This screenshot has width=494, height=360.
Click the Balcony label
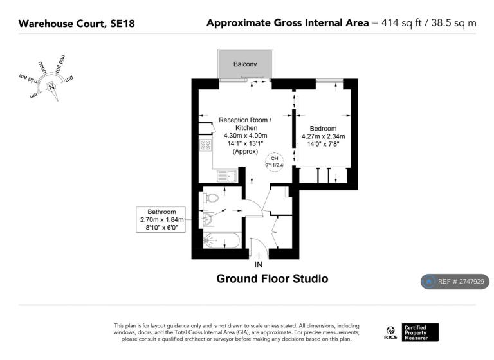pyautogui.click(x=245, y=64)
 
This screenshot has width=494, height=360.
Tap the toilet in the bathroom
pyautogui.click(x=210, y=198)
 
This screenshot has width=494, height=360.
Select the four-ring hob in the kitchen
pyautogui.click(x=206, y=145)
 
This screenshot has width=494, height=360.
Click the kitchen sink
pyautogui.click(x=227, y=175)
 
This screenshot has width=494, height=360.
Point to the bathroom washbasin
pyautogui.click(x=208, y=219)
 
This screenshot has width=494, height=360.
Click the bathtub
pyautogui.click(x=222, y=241)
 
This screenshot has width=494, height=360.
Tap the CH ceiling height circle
pyautogui.click(x=275, y=162)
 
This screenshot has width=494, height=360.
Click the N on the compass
pyautogui.click(x=51, y=87)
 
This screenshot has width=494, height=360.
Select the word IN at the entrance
pyautogui.click(x=259, y=265)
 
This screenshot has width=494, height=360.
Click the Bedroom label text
pyautogui.click(x=323, y=128)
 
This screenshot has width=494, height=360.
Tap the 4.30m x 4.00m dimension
pyautogui.click(x=246, y=136)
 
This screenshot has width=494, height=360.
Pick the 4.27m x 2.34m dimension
pyautogui.click(x=323, y=136)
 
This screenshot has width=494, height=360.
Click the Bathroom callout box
pyautogui.click(x=161, y=219)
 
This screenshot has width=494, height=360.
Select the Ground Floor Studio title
pyautogui.click(x=272, y=279)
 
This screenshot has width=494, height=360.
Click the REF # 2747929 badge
pyautogui.click(x=455, y=282)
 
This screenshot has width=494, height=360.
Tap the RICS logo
pyautogui.click(x=390, y=333)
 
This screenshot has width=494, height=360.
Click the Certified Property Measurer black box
pyautogui.click(x=420, y=332)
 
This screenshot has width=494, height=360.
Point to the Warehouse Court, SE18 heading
pyautogui.click(x=77, y=24)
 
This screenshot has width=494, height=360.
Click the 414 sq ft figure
pyautogui.click(x=401, y=23)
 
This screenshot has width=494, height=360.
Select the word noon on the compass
pyautogui.click(x=42, y=67)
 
